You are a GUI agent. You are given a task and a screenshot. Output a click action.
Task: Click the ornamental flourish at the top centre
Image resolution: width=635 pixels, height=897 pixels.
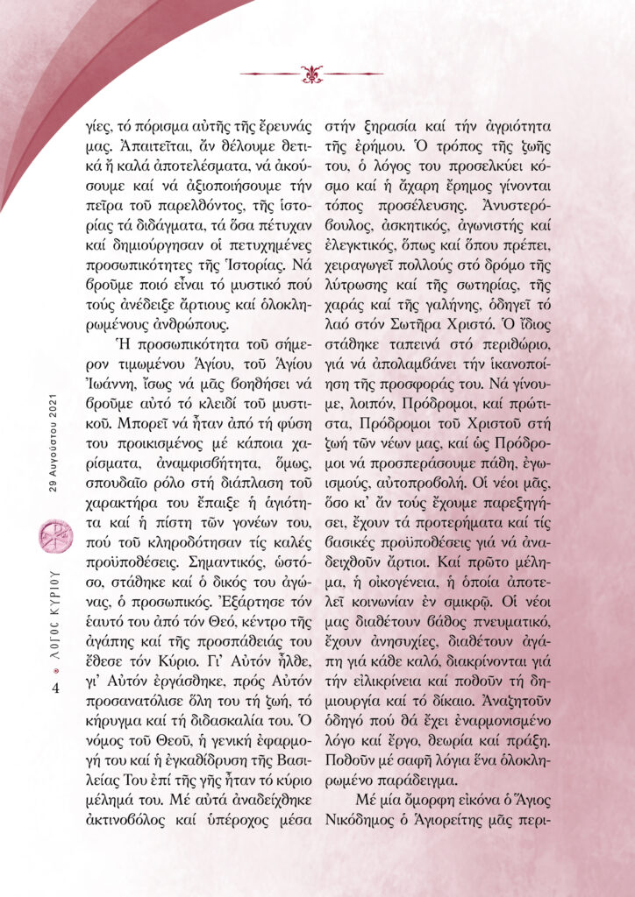(x=311, y=73)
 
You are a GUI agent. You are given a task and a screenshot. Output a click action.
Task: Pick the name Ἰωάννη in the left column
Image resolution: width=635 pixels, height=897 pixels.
(x=142, y=385)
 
